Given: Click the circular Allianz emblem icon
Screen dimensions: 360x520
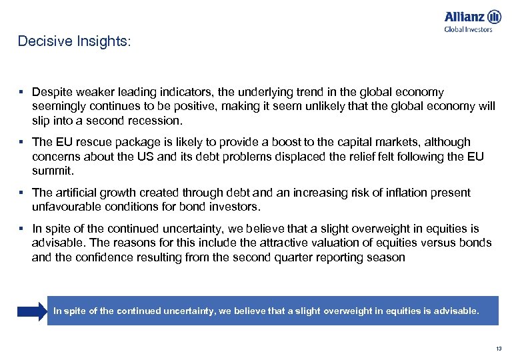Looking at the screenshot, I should pos(494,17).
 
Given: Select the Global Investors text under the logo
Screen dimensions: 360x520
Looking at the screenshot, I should pos(468,29).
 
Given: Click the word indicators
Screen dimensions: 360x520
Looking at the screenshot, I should pos(188,92).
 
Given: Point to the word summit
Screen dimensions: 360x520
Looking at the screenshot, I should pos(52,171).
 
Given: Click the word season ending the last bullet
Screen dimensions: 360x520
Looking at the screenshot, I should pos(385,257).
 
